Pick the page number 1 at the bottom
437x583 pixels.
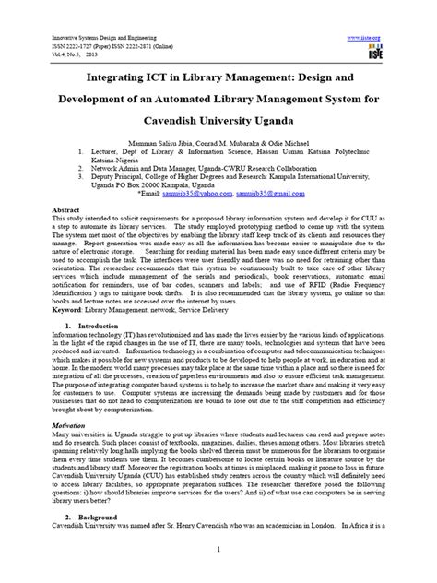(x=218, y=550)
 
